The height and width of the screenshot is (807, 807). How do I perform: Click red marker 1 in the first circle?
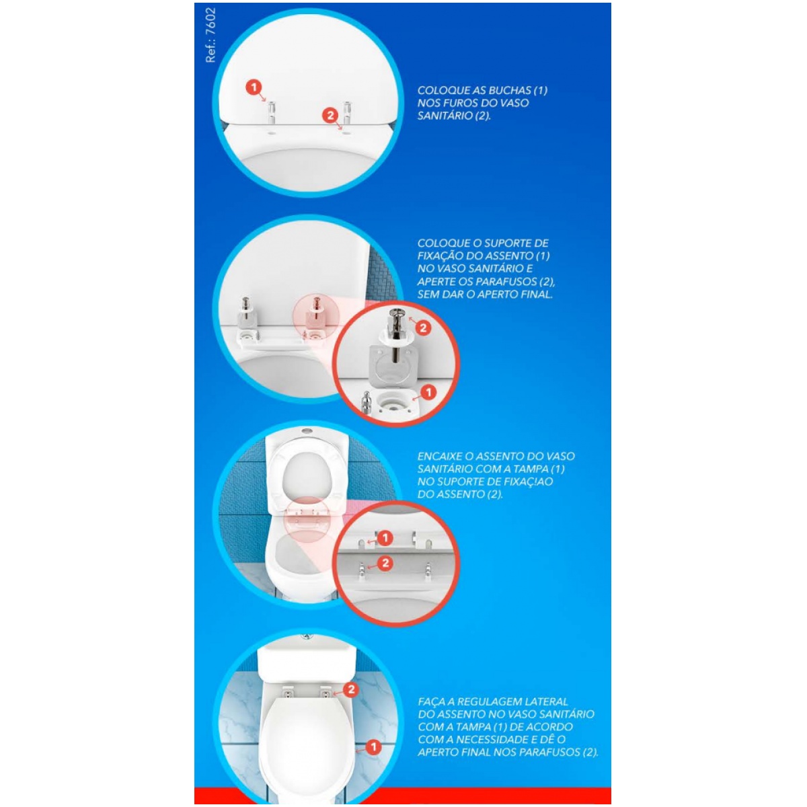tap(254, 88)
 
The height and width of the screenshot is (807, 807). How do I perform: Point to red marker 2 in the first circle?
tap(330, 115)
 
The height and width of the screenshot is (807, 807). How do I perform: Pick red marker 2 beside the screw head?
tap(423, 328)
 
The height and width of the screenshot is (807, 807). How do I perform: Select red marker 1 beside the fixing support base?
tap(428, 393)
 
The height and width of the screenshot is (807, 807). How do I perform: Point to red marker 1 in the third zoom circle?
tap(385, 538)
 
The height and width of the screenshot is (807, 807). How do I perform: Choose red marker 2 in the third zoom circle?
tap(385, 564)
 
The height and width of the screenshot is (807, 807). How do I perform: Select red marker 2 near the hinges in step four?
tap(351, 689)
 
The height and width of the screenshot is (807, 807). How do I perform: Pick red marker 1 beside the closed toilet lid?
tap(373, 747)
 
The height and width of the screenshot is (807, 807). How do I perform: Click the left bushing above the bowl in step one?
tap(272, 112)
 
